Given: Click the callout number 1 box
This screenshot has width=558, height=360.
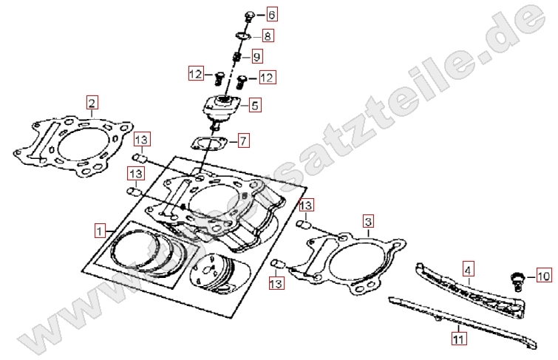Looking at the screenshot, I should [x=100, y=230].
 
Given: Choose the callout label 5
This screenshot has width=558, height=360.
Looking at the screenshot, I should [x=254, y=106].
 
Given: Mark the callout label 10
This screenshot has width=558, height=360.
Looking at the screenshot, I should [x=542, y=276].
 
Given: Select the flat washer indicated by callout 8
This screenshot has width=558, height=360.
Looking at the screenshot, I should [x=241, y=35].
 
